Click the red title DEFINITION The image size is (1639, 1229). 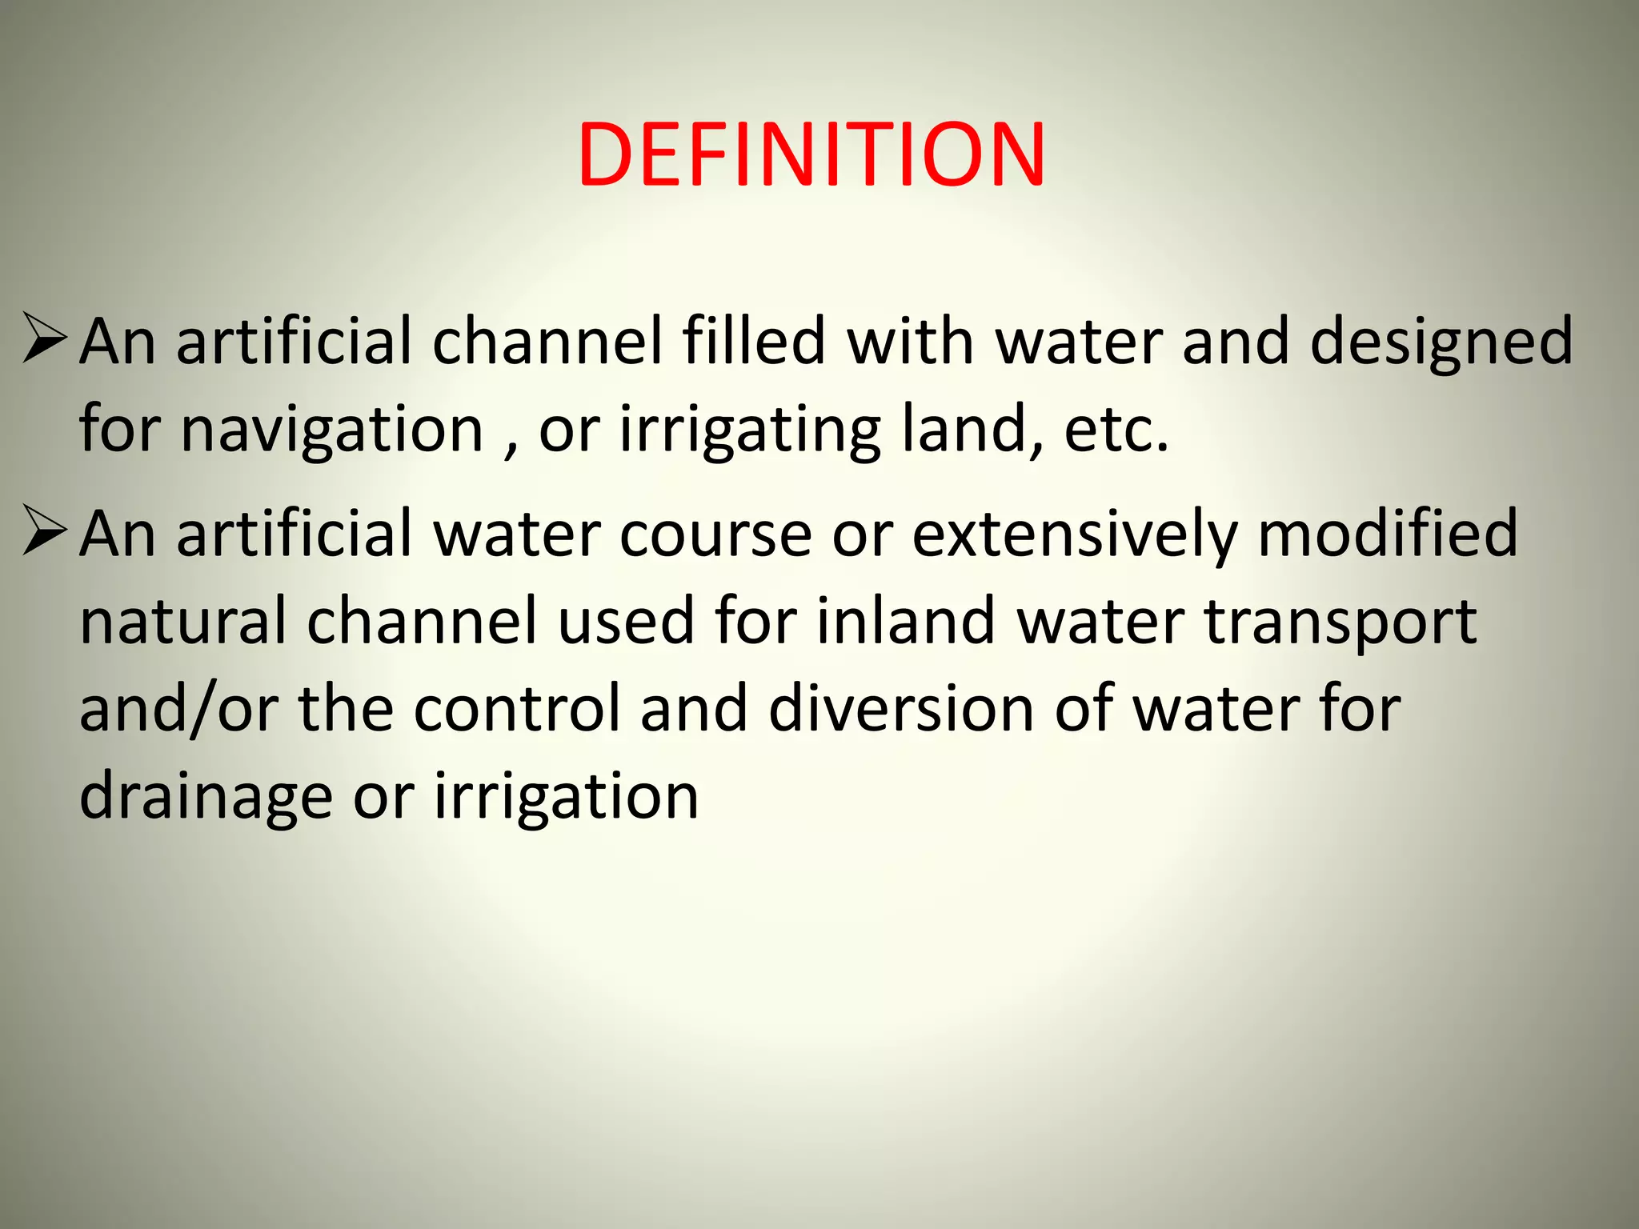(811, 154)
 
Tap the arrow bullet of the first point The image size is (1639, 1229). (44, 338)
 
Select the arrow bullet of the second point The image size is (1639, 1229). (44, 530)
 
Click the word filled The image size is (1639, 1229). (753, 341)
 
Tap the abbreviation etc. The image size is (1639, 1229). (1116, 430)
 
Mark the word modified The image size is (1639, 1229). (1388, 533)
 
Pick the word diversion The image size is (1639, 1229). (901, 709)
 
